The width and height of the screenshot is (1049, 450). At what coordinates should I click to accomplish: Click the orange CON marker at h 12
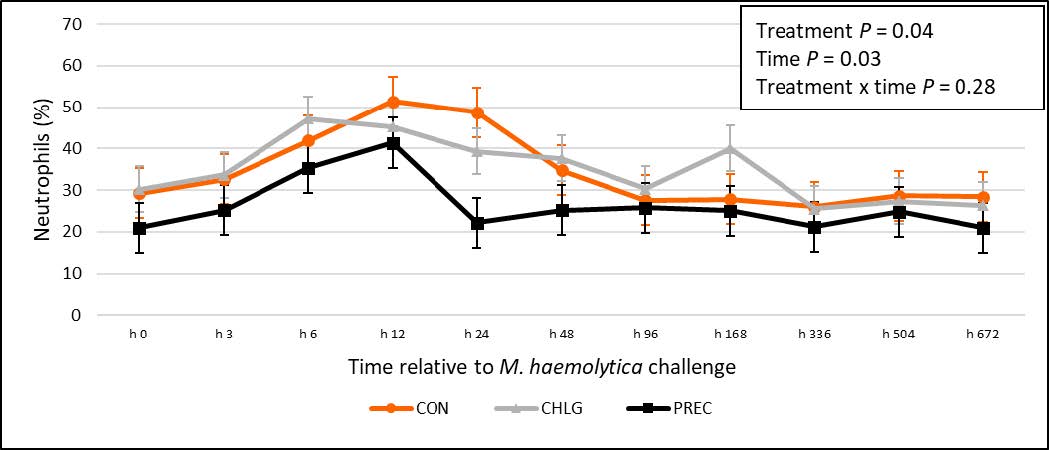tap(393, 102)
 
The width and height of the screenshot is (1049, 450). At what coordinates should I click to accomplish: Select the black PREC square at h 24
tap(477, 223)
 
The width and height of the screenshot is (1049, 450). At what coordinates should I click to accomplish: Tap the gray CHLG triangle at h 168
tap(731, 150)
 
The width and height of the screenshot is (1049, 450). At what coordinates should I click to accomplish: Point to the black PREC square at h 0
tap(140, 228)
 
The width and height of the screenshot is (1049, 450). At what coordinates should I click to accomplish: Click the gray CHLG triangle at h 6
tap(309, 118)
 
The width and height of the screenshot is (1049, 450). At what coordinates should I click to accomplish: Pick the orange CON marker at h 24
tap(477, 112)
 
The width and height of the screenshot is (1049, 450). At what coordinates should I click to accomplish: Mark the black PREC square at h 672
tap(983, 228)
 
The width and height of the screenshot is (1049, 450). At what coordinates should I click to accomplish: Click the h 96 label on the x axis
tap(646, 334)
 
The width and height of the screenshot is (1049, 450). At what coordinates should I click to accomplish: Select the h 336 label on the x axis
tap(814, 334)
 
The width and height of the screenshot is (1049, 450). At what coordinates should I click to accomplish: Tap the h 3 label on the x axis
tap(224, 334)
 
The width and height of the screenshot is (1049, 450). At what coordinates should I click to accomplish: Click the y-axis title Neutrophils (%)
tap(43, 170)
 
